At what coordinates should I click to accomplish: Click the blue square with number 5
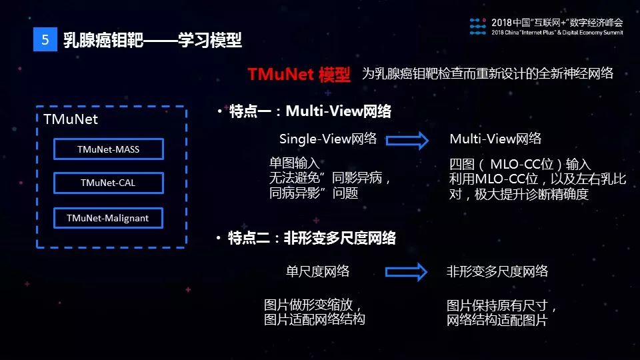point(45,40)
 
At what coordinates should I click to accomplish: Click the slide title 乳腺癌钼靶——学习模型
point(153,40)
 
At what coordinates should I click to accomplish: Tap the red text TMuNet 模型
point(299,74)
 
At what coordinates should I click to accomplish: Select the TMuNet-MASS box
point(108,149)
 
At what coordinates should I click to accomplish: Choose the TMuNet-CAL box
point(108,183)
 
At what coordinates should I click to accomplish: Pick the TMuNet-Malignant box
point(108,218)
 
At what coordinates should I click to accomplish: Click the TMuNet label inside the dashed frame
point(70,120)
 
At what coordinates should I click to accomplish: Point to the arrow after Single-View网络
point(407,140)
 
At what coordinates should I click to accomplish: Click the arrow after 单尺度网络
point(405,271)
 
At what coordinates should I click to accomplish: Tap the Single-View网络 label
point(328,139)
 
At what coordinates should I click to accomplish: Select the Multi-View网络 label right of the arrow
point(495,139)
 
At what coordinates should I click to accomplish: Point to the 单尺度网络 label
point(318,271)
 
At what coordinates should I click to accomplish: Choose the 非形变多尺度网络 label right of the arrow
point(497,271)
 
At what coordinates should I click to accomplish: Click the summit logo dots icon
point(478,26)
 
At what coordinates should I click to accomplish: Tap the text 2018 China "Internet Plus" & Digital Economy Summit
point(557,32)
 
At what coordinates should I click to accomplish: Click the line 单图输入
point(294,163)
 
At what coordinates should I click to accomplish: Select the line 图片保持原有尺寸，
point(502,306)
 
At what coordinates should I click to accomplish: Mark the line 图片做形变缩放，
point(313,305)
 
